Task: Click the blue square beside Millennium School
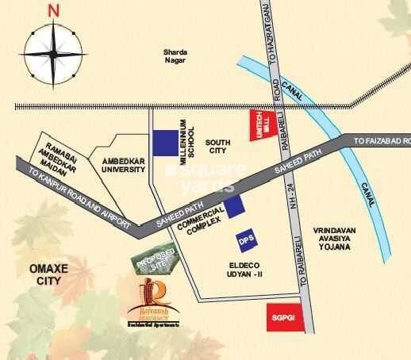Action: coord(166,143)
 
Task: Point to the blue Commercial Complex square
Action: coord(234,207)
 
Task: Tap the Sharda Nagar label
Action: coord(173,53)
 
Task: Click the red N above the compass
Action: coord(53,10)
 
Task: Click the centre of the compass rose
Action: coord(53,55)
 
